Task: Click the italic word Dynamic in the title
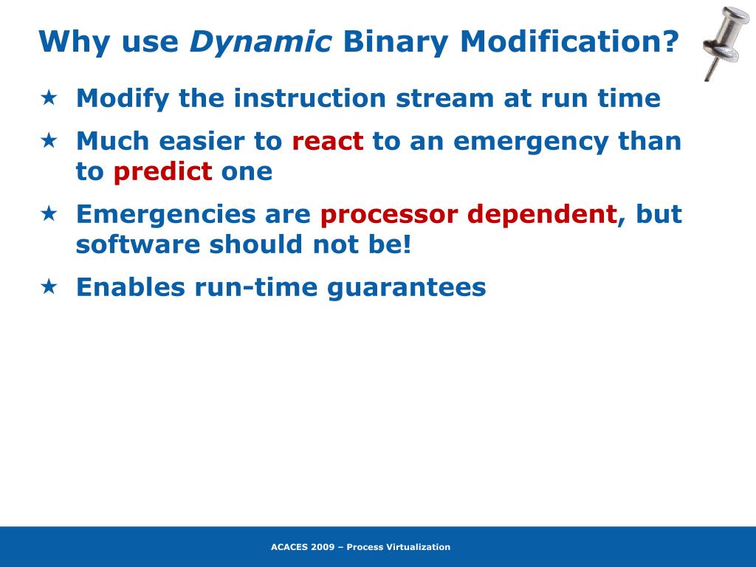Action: [x=261, y=42]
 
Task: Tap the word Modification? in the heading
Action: [x=569, y=41]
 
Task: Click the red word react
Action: [x=327, y=141]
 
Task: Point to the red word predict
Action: [x=163, y=171]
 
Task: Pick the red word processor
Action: [x=389, y=215]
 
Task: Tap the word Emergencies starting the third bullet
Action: [x=166, y=215]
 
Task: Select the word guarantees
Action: [x=407, y=288]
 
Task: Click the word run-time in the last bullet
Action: [x=256, y=287]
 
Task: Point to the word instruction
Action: [x=310, y=98]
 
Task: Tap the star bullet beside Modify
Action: [x=49, y=98]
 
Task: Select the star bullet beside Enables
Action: [x=49, y=287]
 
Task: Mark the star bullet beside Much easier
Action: [x=49, y=141]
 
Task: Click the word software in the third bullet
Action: [x=138, y=244]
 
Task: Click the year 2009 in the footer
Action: [x=323, y=547]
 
